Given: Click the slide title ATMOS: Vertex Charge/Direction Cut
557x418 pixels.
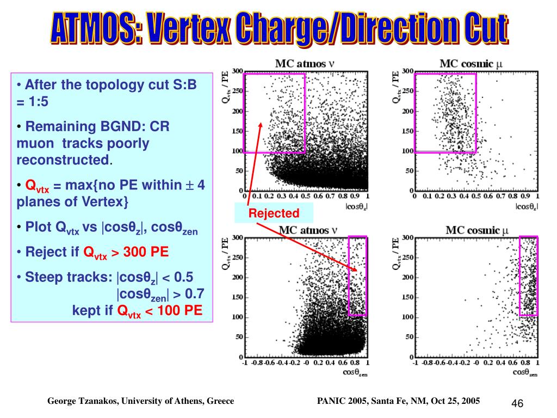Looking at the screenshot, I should coord(279,29).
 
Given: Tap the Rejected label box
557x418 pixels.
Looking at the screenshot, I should coord(274,213).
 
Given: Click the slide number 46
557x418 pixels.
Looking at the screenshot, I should coord(517,403).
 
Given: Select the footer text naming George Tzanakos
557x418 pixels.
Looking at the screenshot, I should coord(140,401).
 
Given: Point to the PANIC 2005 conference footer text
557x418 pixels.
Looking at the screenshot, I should coord(398,401).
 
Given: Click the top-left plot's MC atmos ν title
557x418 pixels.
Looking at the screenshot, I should coord(304,64).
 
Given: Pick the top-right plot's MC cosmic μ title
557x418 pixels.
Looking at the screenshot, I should coord(471,64).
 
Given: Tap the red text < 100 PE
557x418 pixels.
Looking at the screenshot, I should coord(172,311).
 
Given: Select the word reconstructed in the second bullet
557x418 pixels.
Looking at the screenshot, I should coord(63,160).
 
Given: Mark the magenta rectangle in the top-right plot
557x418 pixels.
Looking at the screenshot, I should coord(445,113).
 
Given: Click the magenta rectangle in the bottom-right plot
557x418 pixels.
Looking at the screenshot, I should coord(528,276).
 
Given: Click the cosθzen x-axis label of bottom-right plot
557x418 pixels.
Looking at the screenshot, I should coord(525,372).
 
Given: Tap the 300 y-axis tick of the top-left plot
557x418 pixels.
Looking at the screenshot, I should coord(237,71).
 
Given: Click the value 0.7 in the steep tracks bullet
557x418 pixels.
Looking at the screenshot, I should coord(194,294).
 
